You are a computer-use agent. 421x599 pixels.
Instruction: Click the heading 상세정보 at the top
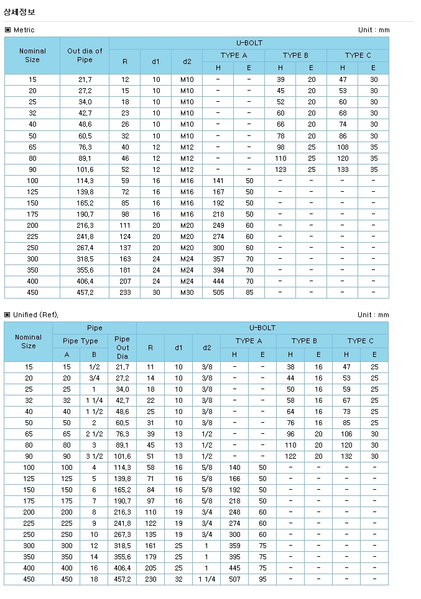(x=20, y=11)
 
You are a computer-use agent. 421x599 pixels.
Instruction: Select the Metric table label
(x=24, y=30)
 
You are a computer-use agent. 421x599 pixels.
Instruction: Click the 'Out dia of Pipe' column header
(x=85, y=55)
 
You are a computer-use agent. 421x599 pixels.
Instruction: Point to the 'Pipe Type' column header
(x=81, y=341)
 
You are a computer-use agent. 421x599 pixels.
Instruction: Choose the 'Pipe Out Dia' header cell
(x=123, y=348)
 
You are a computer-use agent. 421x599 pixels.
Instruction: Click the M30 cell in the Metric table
(x=187, y=292)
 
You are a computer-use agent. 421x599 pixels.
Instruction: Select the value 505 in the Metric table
(x=218, y=292)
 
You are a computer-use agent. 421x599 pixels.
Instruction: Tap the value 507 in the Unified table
(x=234, y=579)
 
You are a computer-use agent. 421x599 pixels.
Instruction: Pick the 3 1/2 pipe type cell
(x=93, y=456)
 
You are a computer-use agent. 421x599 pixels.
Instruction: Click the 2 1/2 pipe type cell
(x=93, y=434)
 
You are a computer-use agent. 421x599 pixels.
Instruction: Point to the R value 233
(x=125, y=292)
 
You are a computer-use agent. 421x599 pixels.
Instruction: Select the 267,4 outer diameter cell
(x=85, y=248)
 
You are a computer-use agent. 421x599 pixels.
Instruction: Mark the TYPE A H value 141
(x=218, y=181)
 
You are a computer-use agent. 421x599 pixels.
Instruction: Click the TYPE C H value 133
(x=343, y=169)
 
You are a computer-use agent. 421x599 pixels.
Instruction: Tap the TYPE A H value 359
(x=234, y=546)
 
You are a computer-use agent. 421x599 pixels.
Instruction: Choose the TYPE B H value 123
(x=280, y=169)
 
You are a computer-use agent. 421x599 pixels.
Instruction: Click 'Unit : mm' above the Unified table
(x=373, y=315)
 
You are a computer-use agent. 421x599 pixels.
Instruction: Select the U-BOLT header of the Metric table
(x=249, y=43)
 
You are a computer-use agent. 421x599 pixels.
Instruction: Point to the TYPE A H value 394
(x=218, y=270)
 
